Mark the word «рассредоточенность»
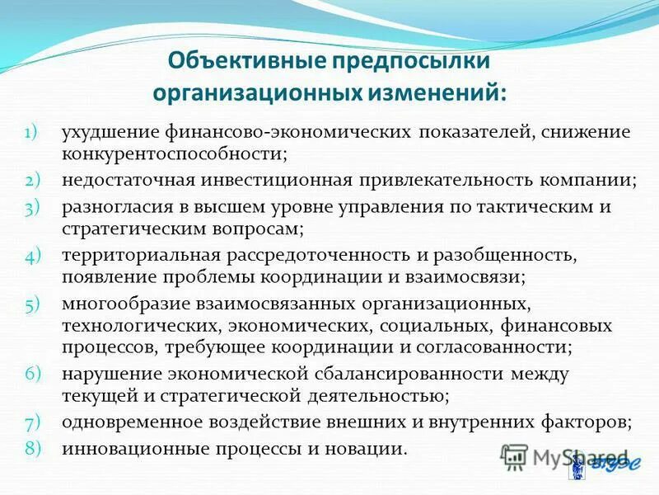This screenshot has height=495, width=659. tap(305, 256)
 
